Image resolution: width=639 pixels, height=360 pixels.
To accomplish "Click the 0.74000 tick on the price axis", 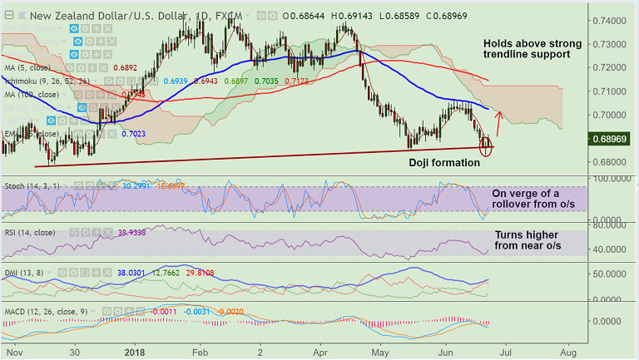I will tap(611, 20).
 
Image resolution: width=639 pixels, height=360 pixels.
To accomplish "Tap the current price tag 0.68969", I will tap(614, 138).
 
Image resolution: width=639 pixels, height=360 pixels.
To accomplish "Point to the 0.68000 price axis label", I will tap(611, 162).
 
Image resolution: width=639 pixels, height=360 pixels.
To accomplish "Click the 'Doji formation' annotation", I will tap(444, 163).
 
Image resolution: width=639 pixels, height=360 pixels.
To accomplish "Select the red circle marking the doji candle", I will tap(487, 150).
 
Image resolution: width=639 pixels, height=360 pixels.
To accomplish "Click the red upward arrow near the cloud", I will tap(498, 123).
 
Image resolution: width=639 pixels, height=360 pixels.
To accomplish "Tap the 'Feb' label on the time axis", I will tap(199, 353).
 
